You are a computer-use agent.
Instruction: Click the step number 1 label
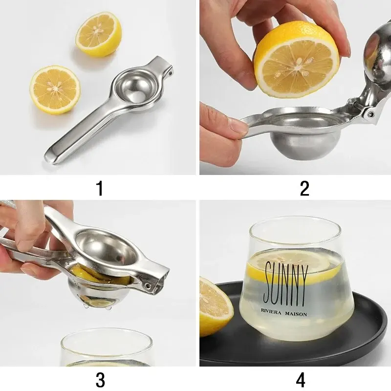coord(100,188)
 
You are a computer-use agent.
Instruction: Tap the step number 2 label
coord(304,188)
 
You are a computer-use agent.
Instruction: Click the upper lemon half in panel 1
coord(98,35)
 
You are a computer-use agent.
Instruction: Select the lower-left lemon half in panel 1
coord(55,90)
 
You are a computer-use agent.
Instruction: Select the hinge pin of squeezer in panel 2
coord(370,113)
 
